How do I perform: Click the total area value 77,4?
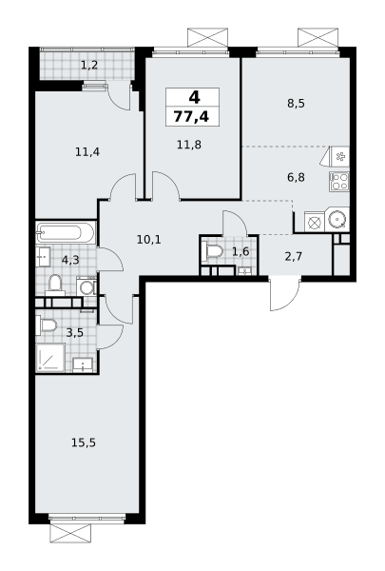click(191, 116)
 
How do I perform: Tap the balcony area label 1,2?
click(89, 66)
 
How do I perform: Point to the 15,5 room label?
click(84, 443)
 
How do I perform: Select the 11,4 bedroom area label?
click(87, 151)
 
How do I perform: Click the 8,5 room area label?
click(296, 104)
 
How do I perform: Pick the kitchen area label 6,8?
click(296, 178)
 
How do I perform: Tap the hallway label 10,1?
click(149, 240)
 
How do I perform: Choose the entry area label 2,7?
click(294, 257)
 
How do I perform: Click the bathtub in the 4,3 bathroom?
click(66, 232)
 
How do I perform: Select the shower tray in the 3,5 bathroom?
click(50, 358)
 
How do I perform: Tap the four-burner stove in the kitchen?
click(339, 182)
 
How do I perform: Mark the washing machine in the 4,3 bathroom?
click(87, 286)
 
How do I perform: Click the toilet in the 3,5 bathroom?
click(47, 325)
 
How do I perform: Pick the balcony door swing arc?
click(119, 98)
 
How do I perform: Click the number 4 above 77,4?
click(194, 97)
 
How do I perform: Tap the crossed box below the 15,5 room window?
click(69, 534)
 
